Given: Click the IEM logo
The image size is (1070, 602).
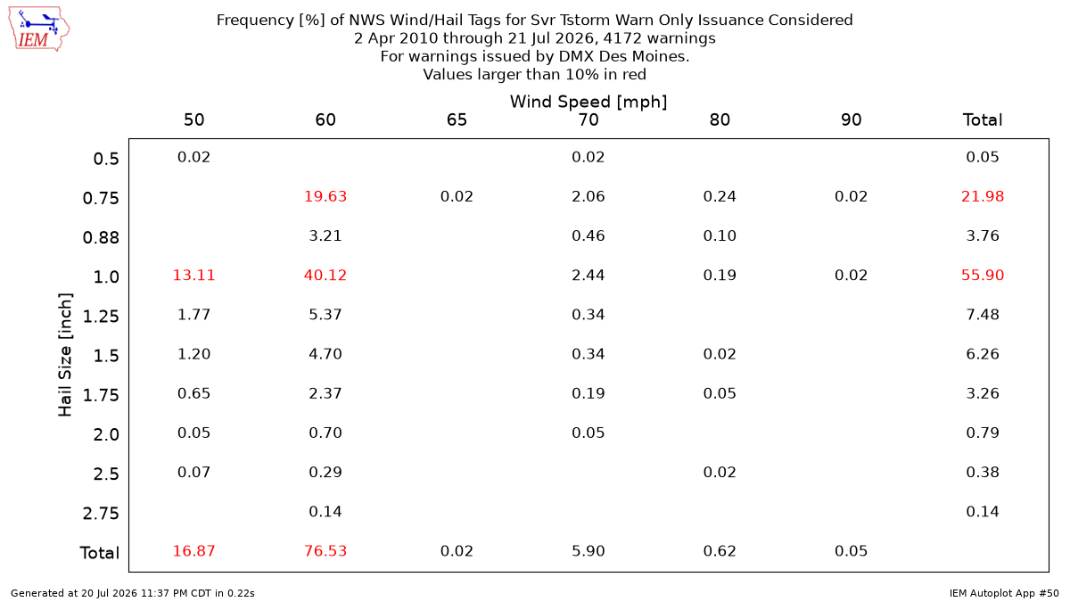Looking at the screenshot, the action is [x=39, y=29].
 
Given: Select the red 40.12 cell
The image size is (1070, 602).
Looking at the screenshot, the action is [x=325, y=276].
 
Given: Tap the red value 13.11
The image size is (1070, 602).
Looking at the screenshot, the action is [x=194, y=276].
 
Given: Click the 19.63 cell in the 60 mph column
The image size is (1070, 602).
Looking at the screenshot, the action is [x=325, y=196].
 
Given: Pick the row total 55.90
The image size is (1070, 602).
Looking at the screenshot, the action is [x=983, y=276].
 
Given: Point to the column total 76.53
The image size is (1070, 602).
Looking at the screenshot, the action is [x=325, y=551].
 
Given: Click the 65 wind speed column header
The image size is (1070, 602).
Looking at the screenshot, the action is [x=457, y=120].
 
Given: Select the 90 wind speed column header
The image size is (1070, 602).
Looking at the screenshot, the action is [x=852, y=120].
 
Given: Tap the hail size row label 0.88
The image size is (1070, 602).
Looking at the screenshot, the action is [x=101, y=237].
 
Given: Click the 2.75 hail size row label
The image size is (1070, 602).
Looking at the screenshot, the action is [x=101, y=513].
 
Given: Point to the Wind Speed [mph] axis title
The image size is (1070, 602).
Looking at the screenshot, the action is [x=588, y=102].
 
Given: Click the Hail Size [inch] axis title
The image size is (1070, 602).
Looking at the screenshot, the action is [x=64, y=355].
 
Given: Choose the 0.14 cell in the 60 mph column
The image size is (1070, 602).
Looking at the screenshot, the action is [x=325, y=512].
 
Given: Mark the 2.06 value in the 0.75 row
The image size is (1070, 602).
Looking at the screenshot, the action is [x=588, y=196].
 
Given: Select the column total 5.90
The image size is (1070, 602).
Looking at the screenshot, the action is [x=588, y=551].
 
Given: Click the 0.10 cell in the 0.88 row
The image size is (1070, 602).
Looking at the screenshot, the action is [x=720, y=235].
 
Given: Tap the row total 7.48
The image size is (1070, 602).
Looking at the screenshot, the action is [x=983, y=314].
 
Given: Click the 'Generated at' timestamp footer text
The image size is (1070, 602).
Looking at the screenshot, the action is [x=132, y=593].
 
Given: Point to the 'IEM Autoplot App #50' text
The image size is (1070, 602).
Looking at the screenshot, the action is [x=1004, y=593].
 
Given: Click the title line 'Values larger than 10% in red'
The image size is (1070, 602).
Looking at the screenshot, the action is [x=534, y=75].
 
